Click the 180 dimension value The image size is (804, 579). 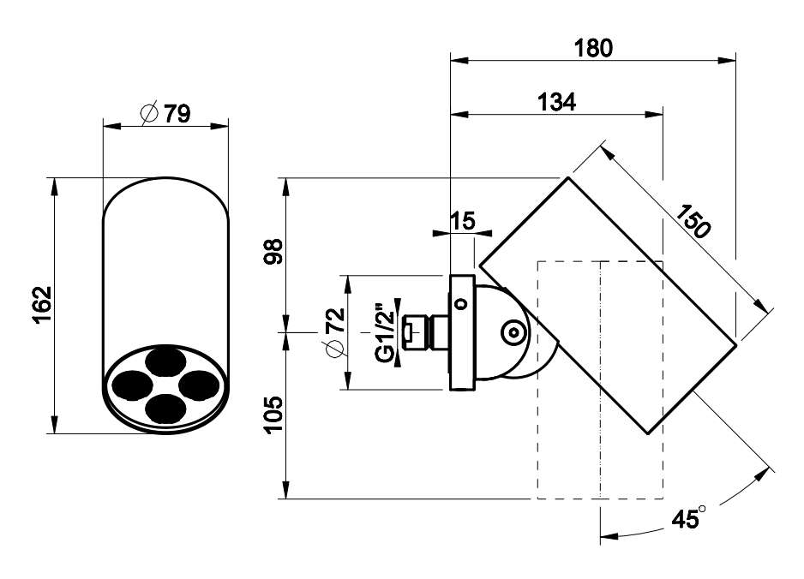[x=593, y=48]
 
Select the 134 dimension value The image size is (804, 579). [x=557, y=102]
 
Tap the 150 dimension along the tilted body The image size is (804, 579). [x=693, y=220]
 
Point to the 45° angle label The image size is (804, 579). [x=688, y=518]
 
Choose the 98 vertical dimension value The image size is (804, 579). [x=274, y=251]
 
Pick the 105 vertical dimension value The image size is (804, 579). [x=274, y=415]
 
